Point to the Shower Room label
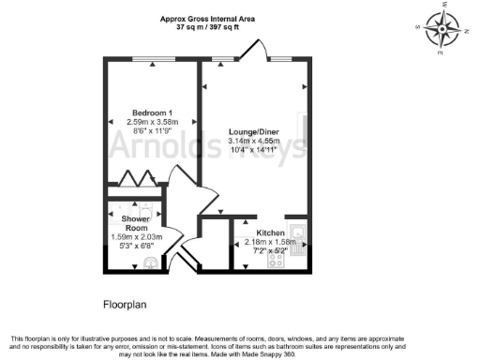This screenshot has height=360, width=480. pos(137,222)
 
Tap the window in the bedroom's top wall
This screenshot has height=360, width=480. pos(145,60)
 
